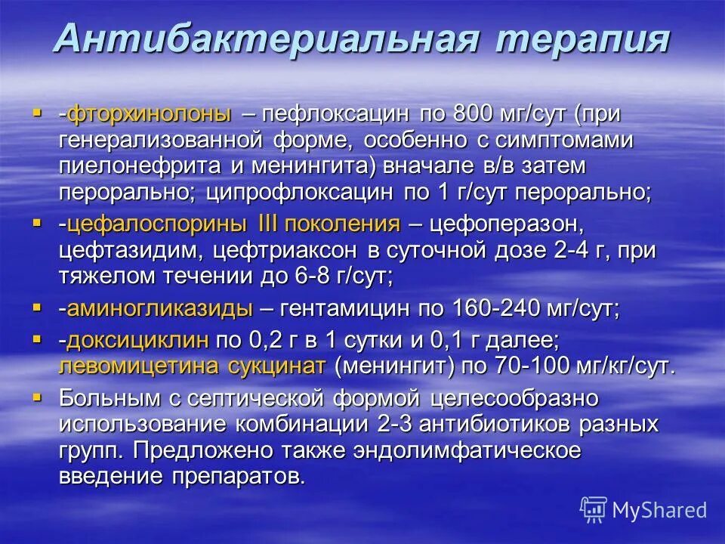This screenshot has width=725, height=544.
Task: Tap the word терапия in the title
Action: click(582, 39)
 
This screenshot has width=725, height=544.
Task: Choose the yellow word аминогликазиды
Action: click(159, 308)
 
